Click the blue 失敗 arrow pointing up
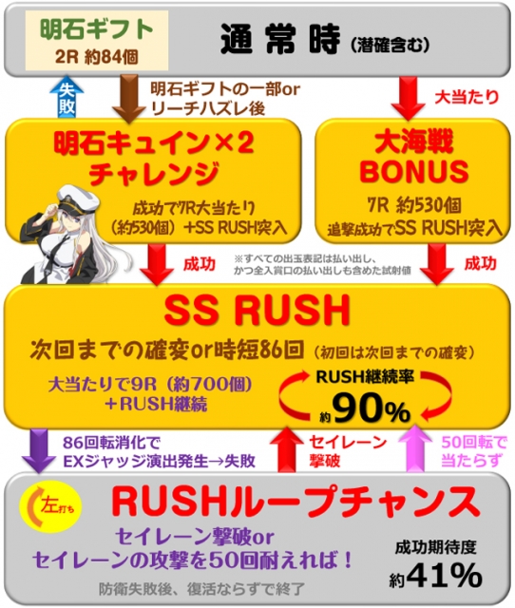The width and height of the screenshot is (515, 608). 67,97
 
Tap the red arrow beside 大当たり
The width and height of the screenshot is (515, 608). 408,98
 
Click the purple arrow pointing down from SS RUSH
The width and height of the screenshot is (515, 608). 39,450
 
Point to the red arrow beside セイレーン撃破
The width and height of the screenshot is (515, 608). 287,448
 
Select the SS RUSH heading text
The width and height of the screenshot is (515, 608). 257,312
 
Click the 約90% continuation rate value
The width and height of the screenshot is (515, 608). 365,408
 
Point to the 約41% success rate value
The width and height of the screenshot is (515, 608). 435,576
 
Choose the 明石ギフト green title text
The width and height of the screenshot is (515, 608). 97,29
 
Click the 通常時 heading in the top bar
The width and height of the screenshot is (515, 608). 280,39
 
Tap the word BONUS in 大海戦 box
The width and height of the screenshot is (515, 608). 413,172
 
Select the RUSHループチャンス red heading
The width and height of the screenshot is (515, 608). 296,502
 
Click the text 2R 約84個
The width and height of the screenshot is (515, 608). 97,57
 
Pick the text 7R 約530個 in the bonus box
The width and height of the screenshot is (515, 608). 414,205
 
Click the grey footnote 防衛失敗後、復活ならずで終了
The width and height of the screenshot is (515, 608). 201,589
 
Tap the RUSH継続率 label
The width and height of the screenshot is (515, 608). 365,377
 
